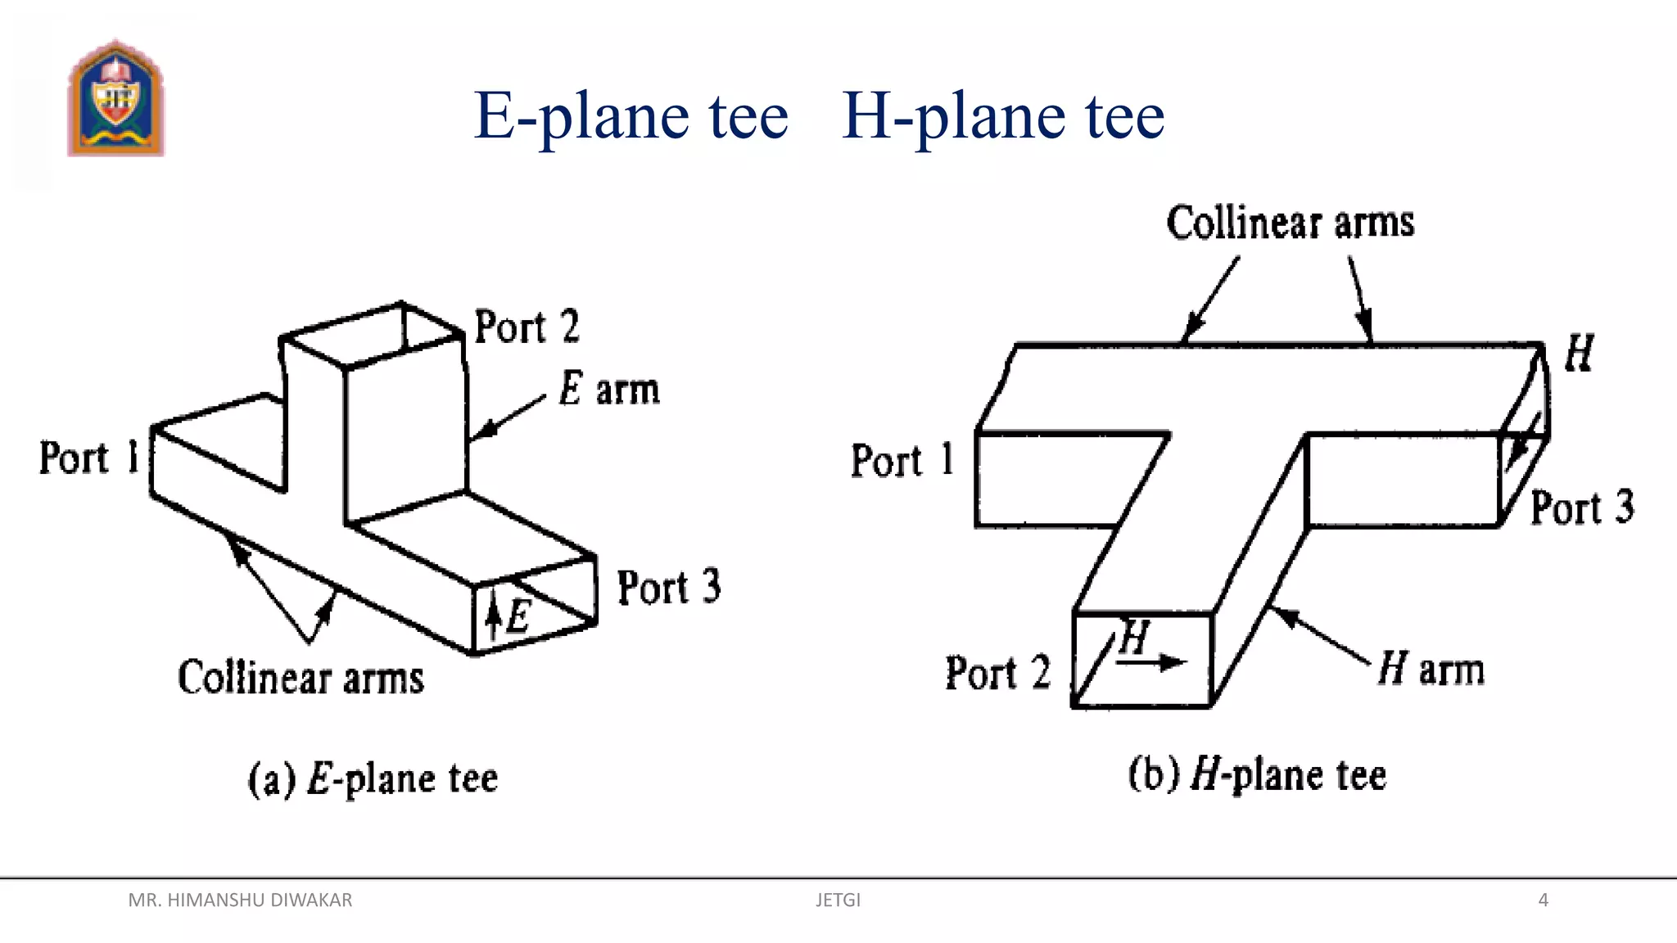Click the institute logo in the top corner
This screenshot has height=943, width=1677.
115,99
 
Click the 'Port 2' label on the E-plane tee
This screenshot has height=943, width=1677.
527,327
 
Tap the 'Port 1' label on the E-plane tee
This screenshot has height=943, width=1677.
89,458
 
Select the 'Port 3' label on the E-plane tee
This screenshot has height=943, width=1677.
668,588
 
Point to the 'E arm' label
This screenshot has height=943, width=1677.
608,390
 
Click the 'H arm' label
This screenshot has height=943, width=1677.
1431,669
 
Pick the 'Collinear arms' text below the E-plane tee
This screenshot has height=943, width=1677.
301,679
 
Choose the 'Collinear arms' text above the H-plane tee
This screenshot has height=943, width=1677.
1291,223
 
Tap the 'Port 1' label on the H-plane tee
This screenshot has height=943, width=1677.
902,460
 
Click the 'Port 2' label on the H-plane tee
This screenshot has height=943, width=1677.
997,673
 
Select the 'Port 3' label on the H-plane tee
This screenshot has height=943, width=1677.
1582,508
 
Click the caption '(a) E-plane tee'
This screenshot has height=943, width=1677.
373,778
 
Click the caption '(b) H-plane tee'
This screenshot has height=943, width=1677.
1257,774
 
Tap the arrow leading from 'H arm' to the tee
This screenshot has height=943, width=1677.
1320,634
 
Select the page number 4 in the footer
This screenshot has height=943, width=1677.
1544,900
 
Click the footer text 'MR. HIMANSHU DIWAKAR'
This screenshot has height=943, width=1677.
240,900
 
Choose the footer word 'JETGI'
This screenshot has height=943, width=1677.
838,900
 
